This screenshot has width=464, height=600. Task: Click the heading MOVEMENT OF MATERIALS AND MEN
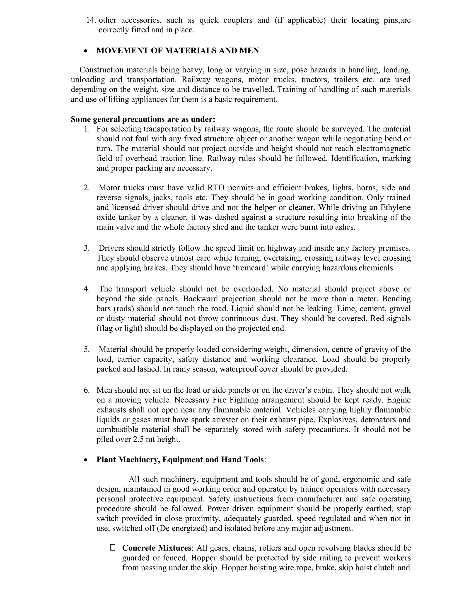click(x=178, y=50)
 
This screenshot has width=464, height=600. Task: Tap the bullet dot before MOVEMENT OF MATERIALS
click(x=86, y=51)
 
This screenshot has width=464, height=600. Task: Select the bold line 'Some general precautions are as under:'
click(x=143, y=119)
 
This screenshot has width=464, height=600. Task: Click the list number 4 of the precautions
click(x=87, y=289)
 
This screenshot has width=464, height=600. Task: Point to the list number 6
click(x=87, y=390)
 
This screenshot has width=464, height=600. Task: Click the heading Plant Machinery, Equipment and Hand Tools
click(x=180, y=460)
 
